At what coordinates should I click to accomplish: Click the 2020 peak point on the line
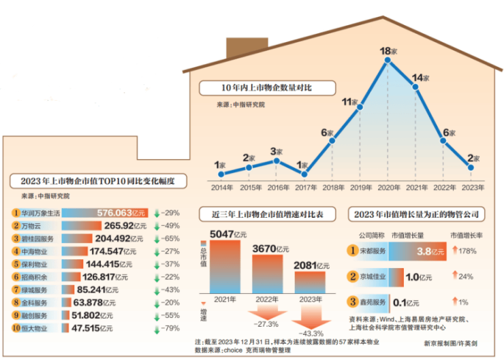(x=388, y=61)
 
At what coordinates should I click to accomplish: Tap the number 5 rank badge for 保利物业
(x=16, y=264)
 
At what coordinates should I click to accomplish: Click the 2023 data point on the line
(x=471, y=167)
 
